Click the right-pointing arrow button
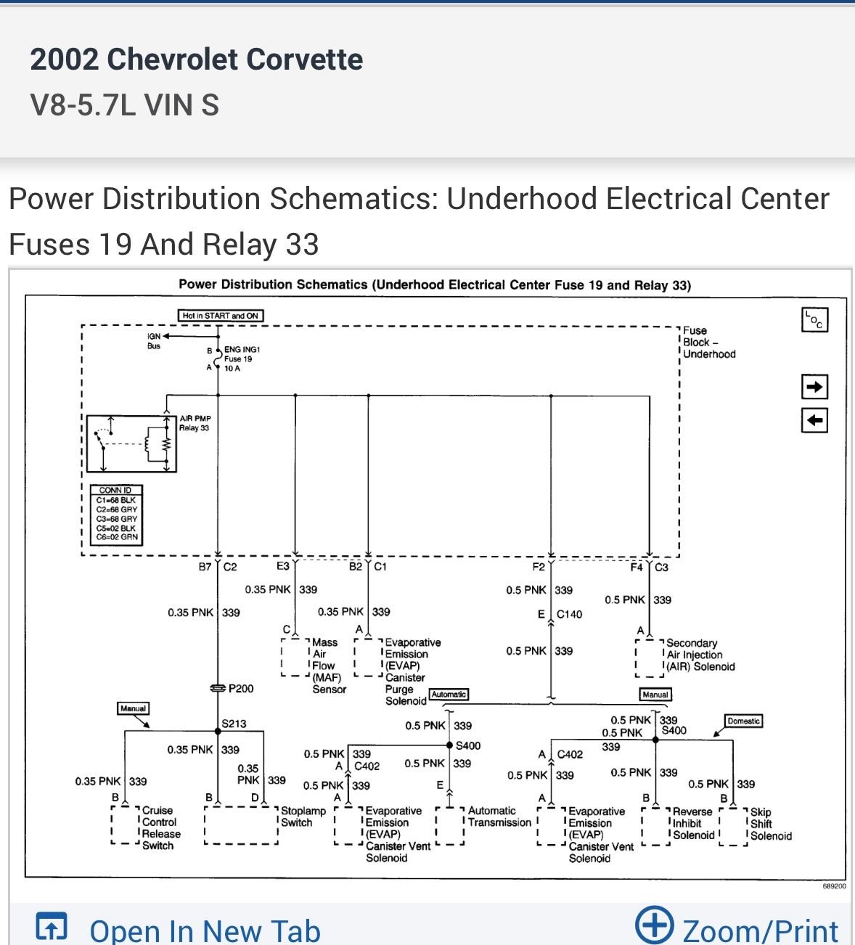814,387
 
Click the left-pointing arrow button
814,420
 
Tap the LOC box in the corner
814,320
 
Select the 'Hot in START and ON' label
221,316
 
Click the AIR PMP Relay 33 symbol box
131,443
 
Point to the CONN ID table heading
115,490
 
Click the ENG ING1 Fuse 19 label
242,359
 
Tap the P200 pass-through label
241,689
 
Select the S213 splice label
234,724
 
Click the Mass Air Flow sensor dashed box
295,657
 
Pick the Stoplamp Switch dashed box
241,825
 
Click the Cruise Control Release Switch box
126,825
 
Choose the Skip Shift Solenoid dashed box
734,827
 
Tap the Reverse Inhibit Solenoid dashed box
656,826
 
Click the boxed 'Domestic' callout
743,721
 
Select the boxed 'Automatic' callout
449,694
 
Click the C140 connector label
569,614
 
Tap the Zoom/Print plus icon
655,925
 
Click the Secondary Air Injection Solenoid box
650,658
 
